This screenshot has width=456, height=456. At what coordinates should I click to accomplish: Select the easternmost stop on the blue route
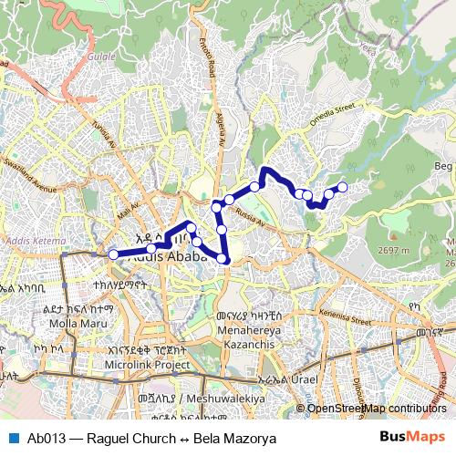[343, 187]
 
